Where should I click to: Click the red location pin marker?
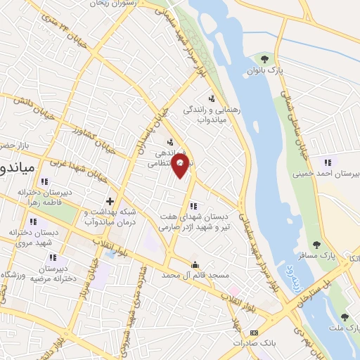pyautogui.click(x=181, y=166)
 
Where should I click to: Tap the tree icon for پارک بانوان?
pyautogui.click(x=264, y=58)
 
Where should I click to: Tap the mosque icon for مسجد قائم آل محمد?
pyautogui.click(x=195, y=264)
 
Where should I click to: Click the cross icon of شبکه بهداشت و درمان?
pyautogui.click(x=110, y=200)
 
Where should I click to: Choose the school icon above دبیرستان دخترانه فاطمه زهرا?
pyautogui.click(x=44, y=181)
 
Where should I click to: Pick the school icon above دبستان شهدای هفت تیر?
pyautogui.click(x=193, y=205)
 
